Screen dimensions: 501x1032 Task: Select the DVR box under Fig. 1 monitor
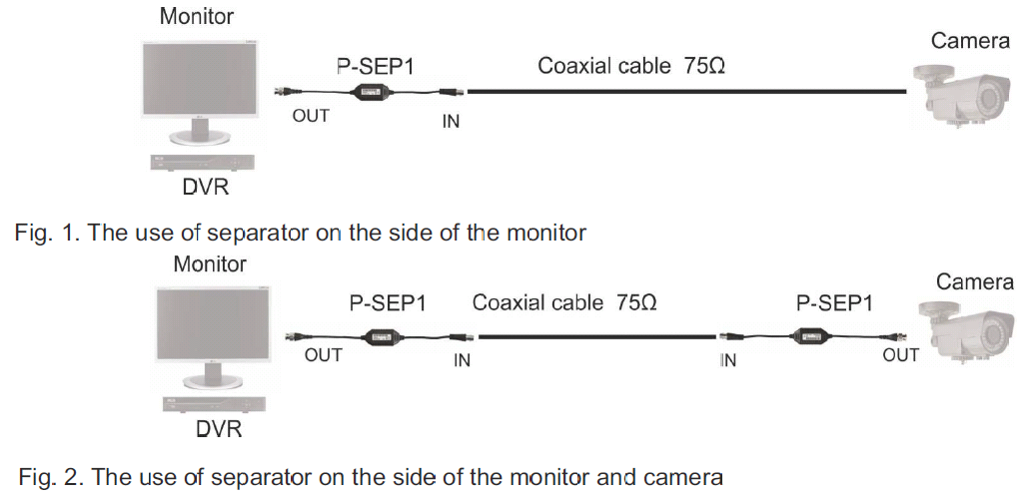coord(205,163)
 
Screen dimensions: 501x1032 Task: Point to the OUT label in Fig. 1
coord(311,116)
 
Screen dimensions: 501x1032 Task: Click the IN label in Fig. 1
coord(452,123)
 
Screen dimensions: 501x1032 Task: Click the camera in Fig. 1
coord(959,95)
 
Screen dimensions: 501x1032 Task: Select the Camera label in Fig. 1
coord(968,41)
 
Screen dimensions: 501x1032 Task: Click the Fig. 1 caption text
coord(300,234)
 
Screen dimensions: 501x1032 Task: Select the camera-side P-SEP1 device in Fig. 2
coord(816,337)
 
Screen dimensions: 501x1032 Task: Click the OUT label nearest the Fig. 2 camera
coord(901,354)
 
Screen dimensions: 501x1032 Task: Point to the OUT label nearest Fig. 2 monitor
coord(324,355)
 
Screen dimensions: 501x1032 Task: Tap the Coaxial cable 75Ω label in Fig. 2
coord(564,301)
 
